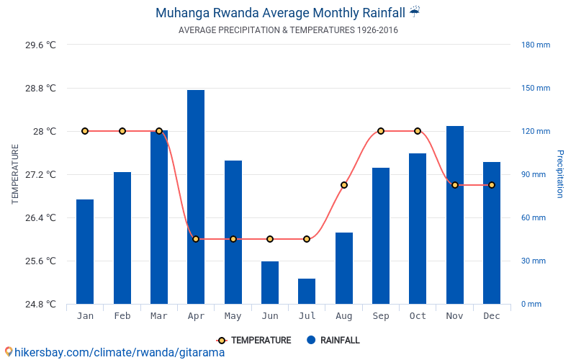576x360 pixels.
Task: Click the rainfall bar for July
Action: pyautogui.click(x=307, y=291)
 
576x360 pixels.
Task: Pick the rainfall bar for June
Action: pyautogui.click(x=270, y=282)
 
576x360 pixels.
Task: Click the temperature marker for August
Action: pyautogui.click(x=344, y=185)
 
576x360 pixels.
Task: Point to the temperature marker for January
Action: pyautogui.click(x=85, y=131)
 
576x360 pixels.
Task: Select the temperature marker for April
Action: pyautogui.click(x=196, y=239)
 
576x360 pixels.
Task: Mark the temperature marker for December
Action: pyautogui.click(x=492, y=185)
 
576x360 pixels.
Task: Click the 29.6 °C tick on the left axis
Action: pyautogui.click(x=40, y=45)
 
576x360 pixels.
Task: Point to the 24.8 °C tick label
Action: pyautogui.click(x=40, y=304)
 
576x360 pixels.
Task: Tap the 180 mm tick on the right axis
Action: pyautogui.click(x=536, y=45)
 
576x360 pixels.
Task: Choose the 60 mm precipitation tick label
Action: pyautogui.click(x=534, y=217)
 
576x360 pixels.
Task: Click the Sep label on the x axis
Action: pyautogui.click(x=381, y=316)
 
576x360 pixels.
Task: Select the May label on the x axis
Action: pyautogui.click(x=233, y=316)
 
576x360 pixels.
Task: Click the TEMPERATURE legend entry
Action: pyautogui.click(x=254, y=340)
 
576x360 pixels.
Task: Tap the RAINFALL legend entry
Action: pyautogui.click(x=333, y=340)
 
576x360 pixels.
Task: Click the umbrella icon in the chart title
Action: pyautogui.click(x=414, y=12)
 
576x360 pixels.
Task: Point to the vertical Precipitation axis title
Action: pyautogui.click(x=559, y=174)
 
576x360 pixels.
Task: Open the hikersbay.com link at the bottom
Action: pyautogui.click(x=115, y=352)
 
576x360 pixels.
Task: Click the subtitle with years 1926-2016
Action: pyautogui.click(x=288, y=30)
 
